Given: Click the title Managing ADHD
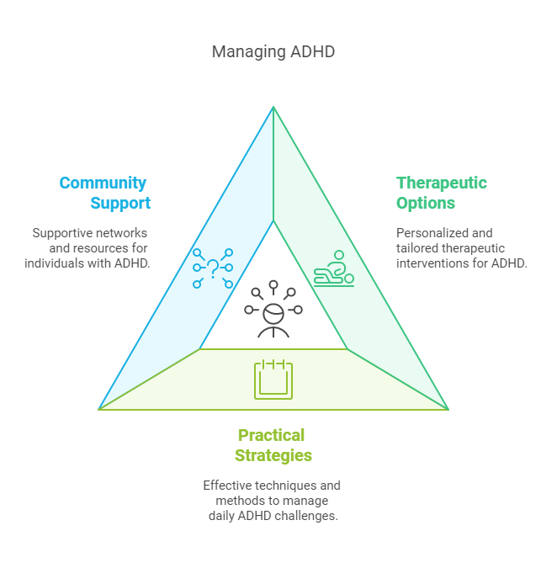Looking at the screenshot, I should [273, 52].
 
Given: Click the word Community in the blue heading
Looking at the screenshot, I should [103, 183].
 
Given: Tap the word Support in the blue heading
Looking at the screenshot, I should [120, 204].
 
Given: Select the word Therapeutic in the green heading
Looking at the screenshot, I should [442, 183].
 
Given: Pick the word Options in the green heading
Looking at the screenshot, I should [426, 204].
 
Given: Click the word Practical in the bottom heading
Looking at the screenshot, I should [271, 436].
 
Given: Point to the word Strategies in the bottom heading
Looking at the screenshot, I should [273, 456].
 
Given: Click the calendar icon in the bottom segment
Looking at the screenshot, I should [273, 380].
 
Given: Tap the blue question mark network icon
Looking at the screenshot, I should [213, 268].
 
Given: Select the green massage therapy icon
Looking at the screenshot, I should [334, 269].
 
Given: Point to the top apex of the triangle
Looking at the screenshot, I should [273, 107].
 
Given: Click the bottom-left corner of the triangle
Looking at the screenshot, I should [99, 409].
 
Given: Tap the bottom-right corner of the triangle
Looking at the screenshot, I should [448, 409].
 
